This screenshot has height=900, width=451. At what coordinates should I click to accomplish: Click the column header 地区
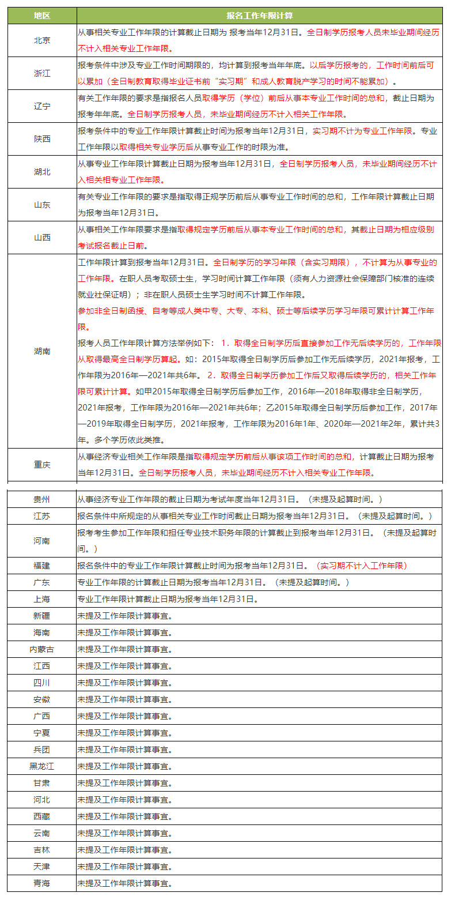(x=41, y=16)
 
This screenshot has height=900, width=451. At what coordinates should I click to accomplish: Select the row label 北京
(x=41, y=40)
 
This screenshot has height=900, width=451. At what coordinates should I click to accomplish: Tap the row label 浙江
(x=41, y=73)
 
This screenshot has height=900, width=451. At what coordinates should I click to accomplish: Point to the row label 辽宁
(x=41, y=106)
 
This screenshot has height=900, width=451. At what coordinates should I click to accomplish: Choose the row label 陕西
(x=41, y=139)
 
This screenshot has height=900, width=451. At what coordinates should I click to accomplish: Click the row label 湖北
(x=41, y=172)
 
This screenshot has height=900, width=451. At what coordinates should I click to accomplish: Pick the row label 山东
(x=41, y=205)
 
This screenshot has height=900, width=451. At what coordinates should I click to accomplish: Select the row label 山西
(x=41, y=238)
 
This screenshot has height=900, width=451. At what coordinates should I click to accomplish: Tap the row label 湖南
(x=41, y=351)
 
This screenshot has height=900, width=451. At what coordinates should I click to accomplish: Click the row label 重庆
(x=41, y=464)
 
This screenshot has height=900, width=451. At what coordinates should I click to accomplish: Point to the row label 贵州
(x=41, y=499)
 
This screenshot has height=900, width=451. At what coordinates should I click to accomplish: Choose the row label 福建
(x=41, y=566)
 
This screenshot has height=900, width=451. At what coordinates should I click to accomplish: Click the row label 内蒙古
(x=41, y=649)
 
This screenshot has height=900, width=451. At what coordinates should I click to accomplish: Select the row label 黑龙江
(x=41, y=766)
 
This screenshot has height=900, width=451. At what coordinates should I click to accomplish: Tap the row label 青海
(x=41, y=883)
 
